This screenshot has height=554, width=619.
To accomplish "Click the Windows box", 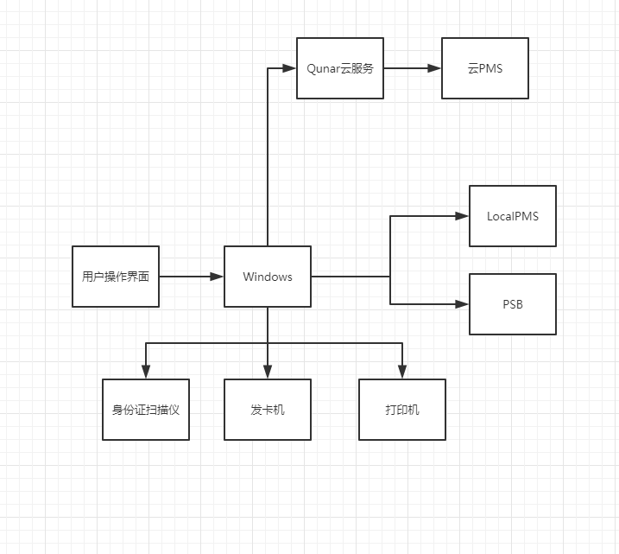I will (x=268, y=277).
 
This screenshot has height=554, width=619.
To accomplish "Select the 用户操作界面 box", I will (x=116, y=277).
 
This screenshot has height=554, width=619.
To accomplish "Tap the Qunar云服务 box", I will (x=340, y=68).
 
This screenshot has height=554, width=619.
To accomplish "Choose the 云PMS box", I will (x=485, y=68).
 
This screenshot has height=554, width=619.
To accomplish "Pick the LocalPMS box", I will (x=513, y=216).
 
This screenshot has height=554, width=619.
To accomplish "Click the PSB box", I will (x=513, y=304).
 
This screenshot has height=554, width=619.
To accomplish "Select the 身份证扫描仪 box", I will (x=146, y=410).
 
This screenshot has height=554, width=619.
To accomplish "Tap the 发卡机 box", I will (x=268, y=410).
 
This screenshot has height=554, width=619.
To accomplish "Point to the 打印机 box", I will (x=402, y=410).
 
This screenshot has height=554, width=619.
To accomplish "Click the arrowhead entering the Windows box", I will (x=218, y=277).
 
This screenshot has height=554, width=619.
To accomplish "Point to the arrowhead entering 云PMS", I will (x=435, y=68).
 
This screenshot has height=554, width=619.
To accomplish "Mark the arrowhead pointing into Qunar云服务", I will (x=290, y=68).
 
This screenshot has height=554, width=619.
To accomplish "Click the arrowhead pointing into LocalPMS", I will (x=463, y=216).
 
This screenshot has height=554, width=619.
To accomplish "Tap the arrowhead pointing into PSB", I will (x=463, y=304).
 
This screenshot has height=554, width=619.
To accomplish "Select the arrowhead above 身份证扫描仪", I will (x=146, y=373).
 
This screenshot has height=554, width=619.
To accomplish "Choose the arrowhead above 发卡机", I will (x=268, y=373).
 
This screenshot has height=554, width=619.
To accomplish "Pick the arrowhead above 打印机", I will (x=402, y=373).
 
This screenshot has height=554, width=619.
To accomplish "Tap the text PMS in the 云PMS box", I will (x=490, y=68).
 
